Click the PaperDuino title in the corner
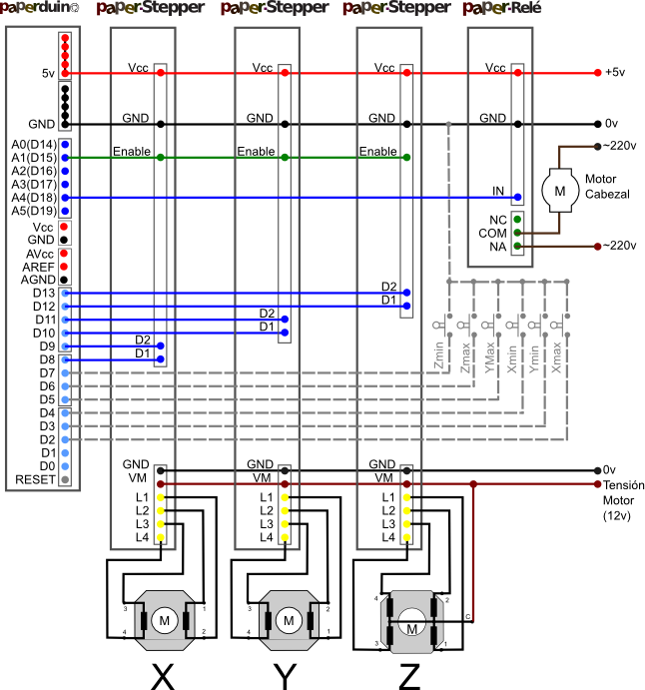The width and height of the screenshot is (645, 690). pyautogui.click(x=39, y=9)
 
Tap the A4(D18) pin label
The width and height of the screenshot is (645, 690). pyautogui.click(x=33, y=198)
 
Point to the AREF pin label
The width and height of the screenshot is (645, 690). pyautogui.click(x=40, y=268)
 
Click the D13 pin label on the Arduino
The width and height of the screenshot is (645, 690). pyautogui.click(x=43, y=294)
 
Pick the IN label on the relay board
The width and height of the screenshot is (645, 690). pyautogui.click(x=497, y=191)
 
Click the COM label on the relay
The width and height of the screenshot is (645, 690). pyautogui.click(x=492, y=233)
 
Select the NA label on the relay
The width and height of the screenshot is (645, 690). pyautogui.click(x=496, y=246)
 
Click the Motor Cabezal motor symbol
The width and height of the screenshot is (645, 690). pyautogui.click(x=560, y=188)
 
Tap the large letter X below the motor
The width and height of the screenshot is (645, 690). pyautogui.click(x=162, y=676)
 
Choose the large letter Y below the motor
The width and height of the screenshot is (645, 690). pyautogui.click(x=286, y=676)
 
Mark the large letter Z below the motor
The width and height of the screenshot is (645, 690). pyautogui.click(x=409, y=676)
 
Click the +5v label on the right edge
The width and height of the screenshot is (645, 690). pyautogui.click(x=615, y=73)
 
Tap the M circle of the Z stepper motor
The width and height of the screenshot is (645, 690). pyautogui.click(x=411, y=628)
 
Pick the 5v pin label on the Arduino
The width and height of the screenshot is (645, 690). pyautogui.click(x=48, y=73)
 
